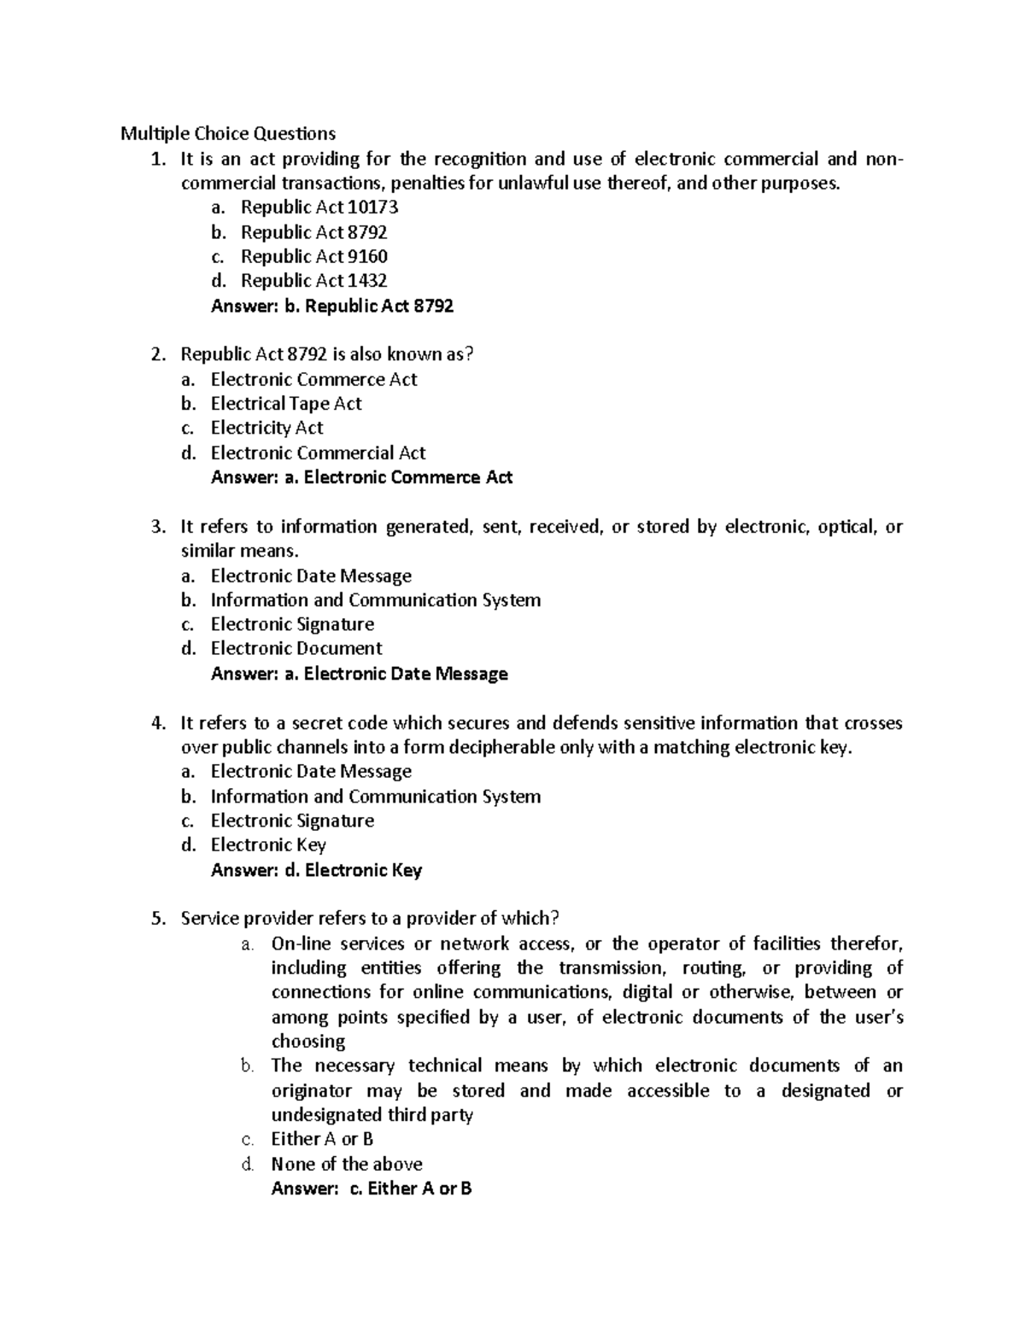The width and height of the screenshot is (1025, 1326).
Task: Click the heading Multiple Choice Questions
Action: click(x=227, y=133)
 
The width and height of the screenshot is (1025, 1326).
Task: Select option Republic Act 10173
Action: click(x=319, y=207)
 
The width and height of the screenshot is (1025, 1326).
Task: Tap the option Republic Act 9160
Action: click(x=313, y=256)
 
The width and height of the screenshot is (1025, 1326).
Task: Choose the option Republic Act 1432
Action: click(x=313, y=280)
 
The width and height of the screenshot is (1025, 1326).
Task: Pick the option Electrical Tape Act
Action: click(x=286, y=403)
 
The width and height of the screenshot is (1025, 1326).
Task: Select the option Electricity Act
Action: click(x=266, y=428)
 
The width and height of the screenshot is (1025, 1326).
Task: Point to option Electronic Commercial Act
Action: click(x=318, y=453)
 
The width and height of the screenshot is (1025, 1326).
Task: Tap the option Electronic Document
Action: click(x=296, y=648)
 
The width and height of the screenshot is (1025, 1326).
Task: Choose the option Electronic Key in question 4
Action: click(x=268, y=844)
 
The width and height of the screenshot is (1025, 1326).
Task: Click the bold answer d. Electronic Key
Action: click(x=316, y=870)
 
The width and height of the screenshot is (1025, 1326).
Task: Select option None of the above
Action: click(x=346, y=1164)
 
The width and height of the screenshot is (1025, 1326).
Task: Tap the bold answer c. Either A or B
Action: click(x=371, y=1189)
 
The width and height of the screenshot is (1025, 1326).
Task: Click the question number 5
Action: click(x=157, y=919)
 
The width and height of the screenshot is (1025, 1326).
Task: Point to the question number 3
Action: click(x=157, y=527)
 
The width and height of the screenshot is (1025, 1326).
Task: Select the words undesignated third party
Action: click(x=372, y=1114)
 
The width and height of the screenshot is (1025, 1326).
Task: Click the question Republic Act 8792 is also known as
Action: click(x=326, y=354)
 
